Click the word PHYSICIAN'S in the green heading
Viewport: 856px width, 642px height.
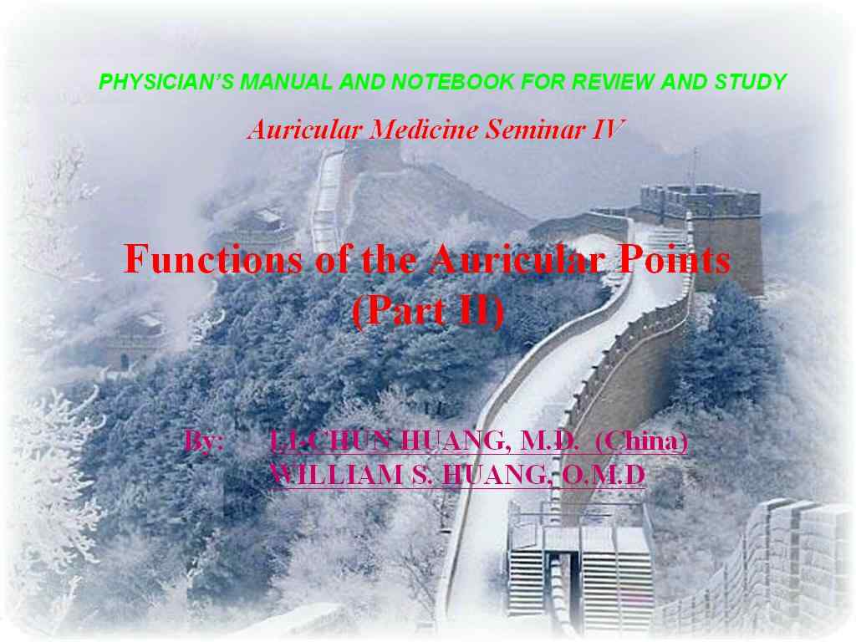point(166,82)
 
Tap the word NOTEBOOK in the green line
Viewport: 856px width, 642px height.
point(452,82)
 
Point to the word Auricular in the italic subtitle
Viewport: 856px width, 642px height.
point(305,130)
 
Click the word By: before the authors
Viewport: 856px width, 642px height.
point(203,441)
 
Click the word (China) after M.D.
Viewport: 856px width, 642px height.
point(641,441)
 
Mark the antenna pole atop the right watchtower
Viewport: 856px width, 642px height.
point(695,166)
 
